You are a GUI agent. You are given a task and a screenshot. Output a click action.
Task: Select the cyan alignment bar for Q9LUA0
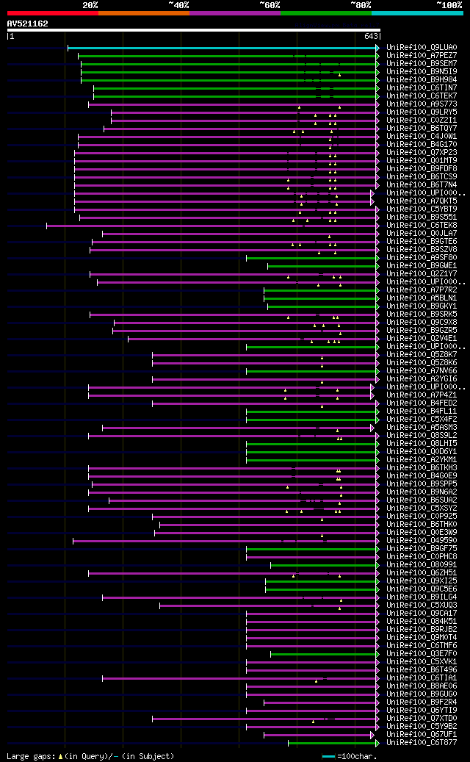[220, 48]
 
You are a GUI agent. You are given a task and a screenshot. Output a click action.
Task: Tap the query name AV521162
[27, 24]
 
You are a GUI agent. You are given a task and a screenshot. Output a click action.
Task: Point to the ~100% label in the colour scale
[449, 4]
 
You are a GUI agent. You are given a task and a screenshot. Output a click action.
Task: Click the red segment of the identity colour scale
[52, 12]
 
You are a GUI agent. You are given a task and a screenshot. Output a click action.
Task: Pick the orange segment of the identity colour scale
[143, 12]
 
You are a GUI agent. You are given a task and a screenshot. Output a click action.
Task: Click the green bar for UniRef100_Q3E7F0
[323, 654]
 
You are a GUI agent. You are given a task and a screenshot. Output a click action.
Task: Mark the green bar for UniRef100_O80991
[323, 565]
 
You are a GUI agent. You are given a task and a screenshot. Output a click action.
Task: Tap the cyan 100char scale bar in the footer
[328, 756]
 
